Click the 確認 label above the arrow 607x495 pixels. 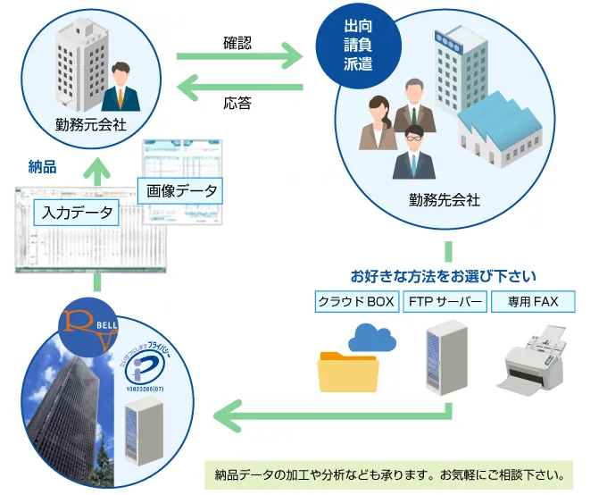pyautogui.click(x=237, y=41)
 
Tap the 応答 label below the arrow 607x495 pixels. pyautogui.click(x=237, y=103)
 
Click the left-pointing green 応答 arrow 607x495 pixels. pyautogui.click(x=240, y=87)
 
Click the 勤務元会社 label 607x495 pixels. pyautogui.click(x=90, y=124)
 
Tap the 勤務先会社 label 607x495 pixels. pyautogui.click(x=443, y=200)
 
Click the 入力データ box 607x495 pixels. pyautogui.click(x=77, y=212)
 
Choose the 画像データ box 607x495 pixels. pyautogui.click(x=179, y=190)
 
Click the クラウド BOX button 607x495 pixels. pyautogui.click(x=356, y=302)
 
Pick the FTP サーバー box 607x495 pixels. pyautogui.click(x=445, y=302)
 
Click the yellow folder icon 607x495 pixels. pyautogui.click(x=348, y=371)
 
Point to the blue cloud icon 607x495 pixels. pyautogui.click(x=372, y=338)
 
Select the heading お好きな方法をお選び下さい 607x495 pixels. pyautogui.click(x=444, y=274)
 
